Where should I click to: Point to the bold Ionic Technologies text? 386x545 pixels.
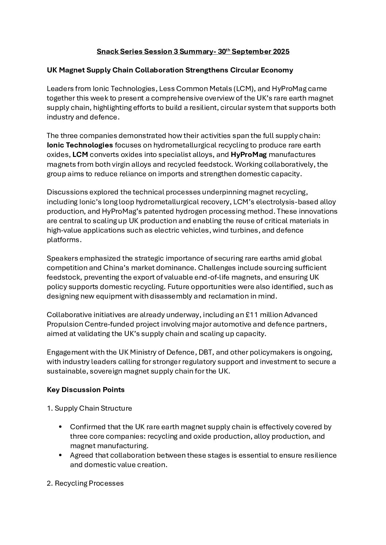80,145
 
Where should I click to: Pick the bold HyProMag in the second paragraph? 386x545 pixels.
248,155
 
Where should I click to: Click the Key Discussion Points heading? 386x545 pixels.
86,390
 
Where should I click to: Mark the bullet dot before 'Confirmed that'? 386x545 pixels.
61,427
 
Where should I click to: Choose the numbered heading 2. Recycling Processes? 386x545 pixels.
85,483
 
